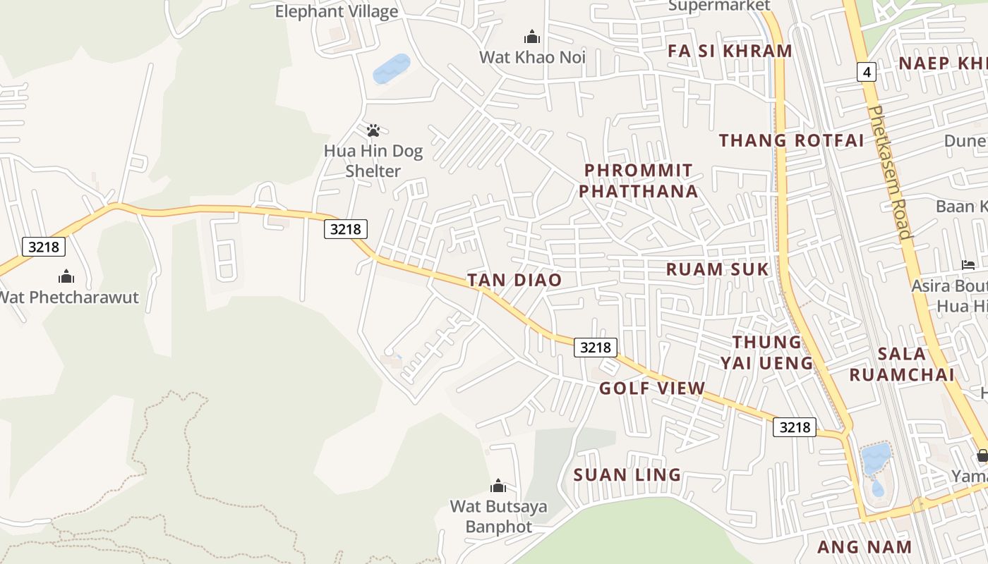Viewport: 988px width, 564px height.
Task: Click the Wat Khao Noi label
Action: click(532, 57)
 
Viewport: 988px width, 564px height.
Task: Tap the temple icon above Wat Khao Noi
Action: click(532, 37)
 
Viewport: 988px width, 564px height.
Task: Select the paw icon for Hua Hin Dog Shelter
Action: click(373, 130)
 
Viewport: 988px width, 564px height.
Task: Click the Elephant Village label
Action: click(337, 11)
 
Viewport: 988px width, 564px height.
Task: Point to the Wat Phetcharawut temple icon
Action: click(66, 276)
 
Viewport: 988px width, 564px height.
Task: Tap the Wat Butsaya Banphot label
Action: click(498, 516)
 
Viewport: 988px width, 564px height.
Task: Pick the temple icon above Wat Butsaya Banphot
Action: click(498, 486)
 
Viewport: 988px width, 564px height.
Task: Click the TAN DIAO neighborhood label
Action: click(514, 280)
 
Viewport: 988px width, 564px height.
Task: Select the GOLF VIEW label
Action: click(652, 388)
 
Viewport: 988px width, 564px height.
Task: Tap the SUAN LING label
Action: click(627, 474)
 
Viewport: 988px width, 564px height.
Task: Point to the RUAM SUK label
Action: click(718, 269)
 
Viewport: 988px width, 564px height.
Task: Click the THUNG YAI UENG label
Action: click(767, 352)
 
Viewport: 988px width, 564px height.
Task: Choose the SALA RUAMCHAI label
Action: click(902, 364)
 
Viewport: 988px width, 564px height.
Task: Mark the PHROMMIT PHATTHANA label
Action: click(641, 180)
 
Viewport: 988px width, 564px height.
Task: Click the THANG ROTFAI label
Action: click(791, 140)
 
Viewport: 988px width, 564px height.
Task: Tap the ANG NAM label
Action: click(864, 546)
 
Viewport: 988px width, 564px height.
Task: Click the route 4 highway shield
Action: click(867, 71)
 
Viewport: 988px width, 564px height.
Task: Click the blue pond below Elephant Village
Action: click(391, 68)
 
